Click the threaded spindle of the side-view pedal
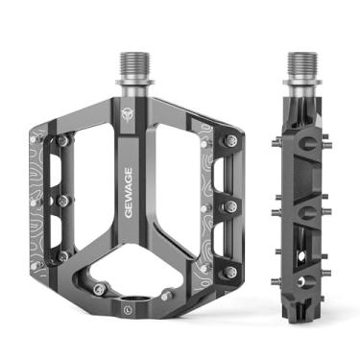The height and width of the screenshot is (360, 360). (300, 67)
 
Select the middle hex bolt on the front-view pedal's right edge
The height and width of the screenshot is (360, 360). (230, 205)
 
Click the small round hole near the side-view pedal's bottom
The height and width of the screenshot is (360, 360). (300, 280)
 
